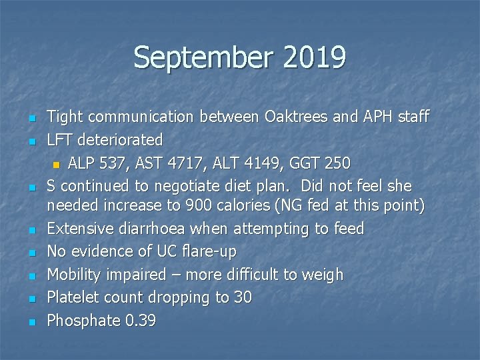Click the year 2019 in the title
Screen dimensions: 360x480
click(x=313, y=58)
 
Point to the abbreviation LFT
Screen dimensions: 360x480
click(x=61, y=140)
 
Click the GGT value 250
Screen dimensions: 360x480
click(x=337, y=163)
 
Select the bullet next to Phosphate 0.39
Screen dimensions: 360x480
click(x=32, y=322)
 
